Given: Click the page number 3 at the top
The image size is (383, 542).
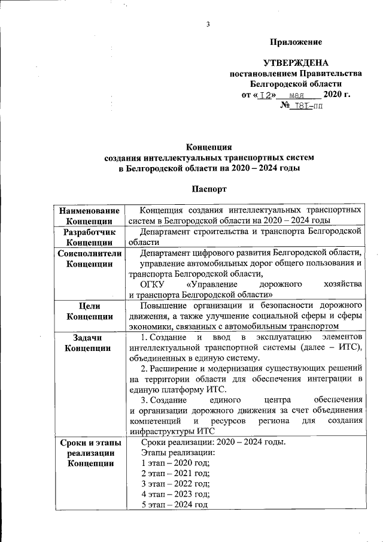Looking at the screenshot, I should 208,25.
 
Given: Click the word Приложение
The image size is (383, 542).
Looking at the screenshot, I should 296,42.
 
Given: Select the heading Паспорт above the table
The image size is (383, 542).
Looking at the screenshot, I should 208,189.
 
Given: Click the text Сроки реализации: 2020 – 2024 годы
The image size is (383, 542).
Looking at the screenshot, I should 213,443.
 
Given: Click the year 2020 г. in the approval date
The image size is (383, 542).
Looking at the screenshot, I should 336,95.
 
